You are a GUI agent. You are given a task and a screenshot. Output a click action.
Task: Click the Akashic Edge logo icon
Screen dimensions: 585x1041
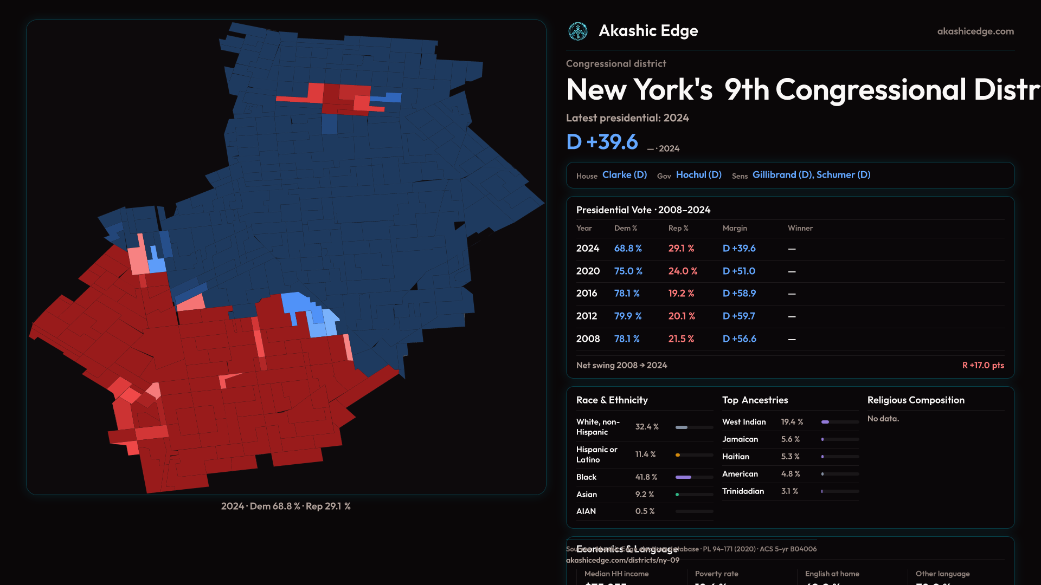pos(578,31)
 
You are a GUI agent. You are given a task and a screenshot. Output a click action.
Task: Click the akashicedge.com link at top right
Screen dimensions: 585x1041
pos(975,31)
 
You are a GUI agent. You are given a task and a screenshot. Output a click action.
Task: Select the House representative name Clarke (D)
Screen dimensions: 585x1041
pos(625,175)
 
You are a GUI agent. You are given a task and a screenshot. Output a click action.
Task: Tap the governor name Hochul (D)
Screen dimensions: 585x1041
pos(698,175)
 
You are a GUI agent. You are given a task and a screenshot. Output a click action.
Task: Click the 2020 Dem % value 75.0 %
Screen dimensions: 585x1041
pos(628,271)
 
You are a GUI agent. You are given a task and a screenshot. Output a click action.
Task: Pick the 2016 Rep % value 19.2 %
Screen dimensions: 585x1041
pos(681,293)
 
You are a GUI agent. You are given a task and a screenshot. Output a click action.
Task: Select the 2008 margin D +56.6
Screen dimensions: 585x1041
pos(739,339)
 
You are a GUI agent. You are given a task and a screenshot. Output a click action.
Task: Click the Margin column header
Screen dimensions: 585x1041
pos(735,228)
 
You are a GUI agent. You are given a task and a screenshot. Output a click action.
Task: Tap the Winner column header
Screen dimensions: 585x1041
pos(800,228)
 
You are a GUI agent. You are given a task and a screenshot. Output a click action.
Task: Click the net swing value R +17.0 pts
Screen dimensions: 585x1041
pos(982,365)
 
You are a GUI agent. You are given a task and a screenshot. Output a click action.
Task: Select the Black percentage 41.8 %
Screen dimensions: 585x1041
pos(646,477)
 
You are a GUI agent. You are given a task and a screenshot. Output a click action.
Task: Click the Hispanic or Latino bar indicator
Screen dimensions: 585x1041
pos(694,455)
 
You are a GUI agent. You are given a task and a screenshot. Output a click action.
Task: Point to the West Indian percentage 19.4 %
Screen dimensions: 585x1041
pos(792,422)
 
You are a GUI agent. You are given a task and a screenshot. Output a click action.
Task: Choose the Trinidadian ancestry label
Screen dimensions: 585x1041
pos(743,491)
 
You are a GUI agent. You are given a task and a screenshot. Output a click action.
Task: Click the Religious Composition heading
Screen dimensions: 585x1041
pos(916,400)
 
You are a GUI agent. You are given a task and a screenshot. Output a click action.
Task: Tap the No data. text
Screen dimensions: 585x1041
pos(883,419)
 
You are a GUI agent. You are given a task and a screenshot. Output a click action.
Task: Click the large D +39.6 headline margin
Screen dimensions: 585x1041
pos(602,142)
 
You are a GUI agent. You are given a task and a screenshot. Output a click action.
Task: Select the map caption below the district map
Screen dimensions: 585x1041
pos(286,506)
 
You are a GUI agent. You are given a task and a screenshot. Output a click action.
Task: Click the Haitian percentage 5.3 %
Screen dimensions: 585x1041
pos(790,457)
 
